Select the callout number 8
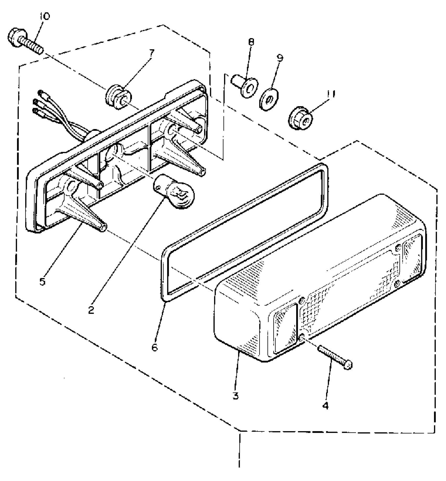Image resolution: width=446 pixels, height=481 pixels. pyautogui.click(x=251, y=42)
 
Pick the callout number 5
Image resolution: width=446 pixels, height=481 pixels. pyautogui.click(x=43, y=281)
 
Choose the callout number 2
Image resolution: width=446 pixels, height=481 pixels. pyautogui.click(x=91, y=310)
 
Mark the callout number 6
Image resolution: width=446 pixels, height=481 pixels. pyautogui.click(x=155, y=347)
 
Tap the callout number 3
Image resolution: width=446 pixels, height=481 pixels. pyautogui.click(x=236, y=396)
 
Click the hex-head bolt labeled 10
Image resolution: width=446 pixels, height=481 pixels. pyautogui.click(x=25, y=42)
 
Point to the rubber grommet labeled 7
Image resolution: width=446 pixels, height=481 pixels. pyautogui.click(x=117, y=97)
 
